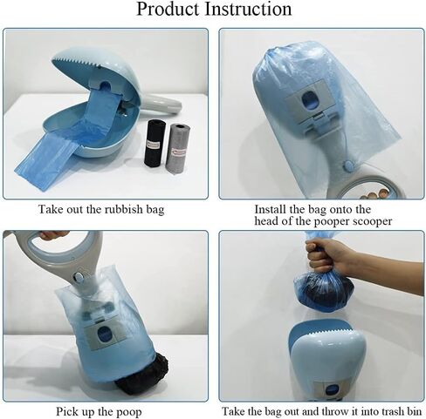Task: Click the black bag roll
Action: click(x=155, y=143)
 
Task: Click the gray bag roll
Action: click(x=177, y=147)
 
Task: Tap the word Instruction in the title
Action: click(x=248, y=9)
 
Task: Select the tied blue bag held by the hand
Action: click(x=324, y=290)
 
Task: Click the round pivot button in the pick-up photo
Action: click(x=79, y=277)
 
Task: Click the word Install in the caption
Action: click(x=271, y=209)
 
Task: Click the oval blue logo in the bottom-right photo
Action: click(x=331, y=389)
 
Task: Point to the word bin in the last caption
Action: click(x=415, y=411)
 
